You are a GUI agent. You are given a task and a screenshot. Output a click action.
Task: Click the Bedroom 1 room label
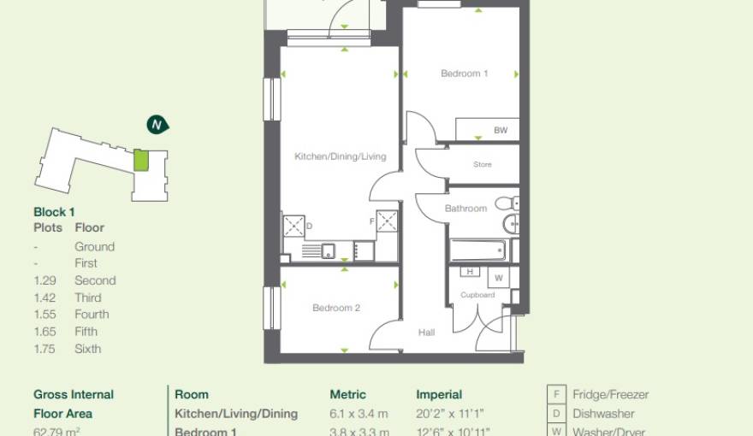coord(464,74)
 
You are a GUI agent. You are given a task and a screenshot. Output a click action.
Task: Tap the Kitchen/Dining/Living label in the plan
coord(340,156)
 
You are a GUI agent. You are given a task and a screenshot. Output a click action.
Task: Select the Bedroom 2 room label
coord(335,308)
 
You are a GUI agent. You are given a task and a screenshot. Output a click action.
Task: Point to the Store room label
coord(483,164)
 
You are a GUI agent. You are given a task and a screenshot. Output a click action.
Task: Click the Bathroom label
coord(465,209)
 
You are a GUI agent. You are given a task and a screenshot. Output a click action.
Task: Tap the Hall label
coord(427,332)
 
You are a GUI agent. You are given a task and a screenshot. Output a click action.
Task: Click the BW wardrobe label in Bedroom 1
coord(501,131)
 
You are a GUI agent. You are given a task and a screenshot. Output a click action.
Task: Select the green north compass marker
coord(157,125)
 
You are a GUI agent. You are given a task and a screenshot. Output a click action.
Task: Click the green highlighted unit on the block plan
coord(141,160)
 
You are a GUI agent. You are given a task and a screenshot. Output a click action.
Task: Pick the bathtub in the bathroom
coord(477,250)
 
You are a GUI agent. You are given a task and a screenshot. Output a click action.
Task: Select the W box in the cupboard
coord(498,278)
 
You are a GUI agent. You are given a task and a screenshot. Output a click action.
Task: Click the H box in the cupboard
coord(470,272)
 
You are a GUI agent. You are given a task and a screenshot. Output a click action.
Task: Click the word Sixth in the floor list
coord(87,349)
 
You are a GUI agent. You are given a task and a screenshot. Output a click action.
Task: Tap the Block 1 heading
coord(55,211)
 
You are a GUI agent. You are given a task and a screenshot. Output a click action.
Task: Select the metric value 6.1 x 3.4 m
coord(359,414)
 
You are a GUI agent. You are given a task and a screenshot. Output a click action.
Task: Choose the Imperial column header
coord(439,395)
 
